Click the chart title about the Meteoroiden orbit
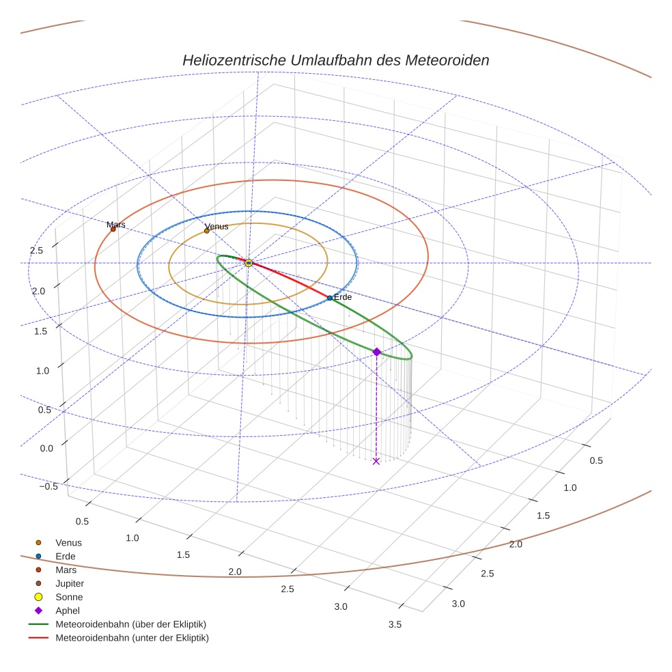(335, 60)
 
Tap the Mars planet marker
(113, 229)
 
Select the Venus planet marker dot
(207, 231)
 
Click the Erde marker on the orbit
(329, 298)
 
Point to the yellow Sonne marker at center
(249, 263)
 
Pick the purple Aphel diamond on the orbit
(376, 352)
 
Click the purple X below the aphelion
(376, 462)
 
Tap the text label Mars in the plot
(116, 224)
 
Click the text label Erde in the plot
(343, 297)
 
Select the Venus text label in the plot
(216, 226)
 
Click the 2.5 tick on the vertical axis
(36, 251)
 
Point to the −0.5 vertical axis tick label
(48, 486)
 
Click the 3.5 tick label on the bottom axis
(395, 624)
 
